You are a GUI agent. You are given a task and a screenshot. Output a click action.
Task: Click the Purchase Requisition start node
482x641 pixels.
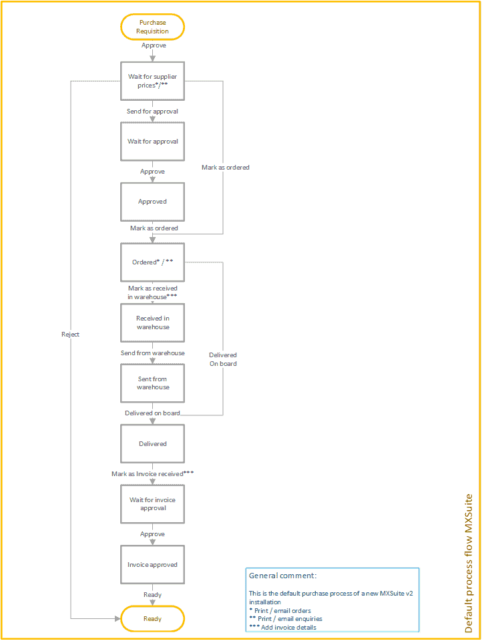pyautogui.click(x=152, y=27)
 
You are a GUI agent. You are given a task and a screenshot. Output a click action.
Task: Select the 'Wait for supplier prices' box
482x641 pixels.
pyautogui.click(x=152, y=81)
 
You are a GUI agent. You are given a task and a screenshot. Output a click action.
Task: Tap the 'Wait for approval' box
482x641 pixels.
pyautogui.click(x=152, y=142)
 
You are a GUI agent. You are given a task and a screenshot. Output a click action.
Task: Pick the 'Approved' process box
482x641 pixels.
pyautogui.click(x=152, y=202)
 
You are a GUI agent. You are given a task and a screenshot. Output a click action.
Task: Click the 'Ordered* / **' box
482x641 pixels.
pyautogui.click(x=152, y=262)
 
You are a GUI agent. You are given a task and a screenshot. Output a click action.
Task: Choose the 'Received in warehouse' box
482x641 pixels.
pyautogui.click(x=152, y=323)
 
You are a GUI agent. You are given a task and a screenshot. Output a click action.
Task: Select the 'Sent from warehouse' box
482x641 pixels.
pyautogui.click(x=152, y=383)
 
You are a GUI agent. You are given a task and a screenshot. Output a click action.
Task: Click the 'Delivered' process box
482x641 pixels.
pyautogui.click(x=152, y=443)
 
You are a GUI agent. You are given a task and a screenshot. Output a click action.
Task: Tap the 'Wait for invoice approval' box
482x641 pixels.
pyautogui.click(x=152, y=504)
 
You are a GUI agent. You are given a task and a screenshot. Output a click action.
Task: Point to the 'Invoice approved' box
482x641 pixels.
pyautogui.click(x=152, y=565)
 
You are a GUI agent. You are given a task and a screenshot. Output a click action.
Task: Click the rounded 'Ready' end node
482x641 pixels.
pyautogui.click(x=152, y=619)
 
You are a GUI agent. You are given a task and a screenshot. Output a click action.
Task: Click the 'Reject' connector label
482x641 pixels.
pyautogui.click(x=70, y=335)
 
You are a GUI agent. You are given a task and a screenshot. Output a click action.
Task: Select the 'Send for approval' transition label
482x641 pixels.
pyautogui.click(x=152, y=112)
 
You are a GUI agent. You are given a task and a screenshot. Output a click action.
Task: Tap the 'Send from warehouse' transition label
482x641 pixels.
pyautogui.click(x=152, y=353)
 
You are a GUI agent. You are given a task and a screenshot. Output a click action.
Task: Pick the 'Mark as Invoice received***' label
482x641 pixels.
pyautogui.click(x=152, y=473)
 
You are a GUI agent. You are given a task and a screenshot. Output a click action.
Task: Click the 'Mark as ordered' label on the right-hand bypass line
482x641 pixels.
pyautogui.click(x=226, y=168)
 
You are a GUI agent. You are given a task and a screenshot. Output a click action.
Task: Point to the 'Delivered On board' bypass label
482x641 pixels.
pyautogui.click(x=223, y=359)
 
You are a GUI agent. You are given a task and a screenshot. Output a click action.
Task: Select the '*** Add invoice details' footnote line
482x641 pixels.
pyautogui.click(x=282, y=627)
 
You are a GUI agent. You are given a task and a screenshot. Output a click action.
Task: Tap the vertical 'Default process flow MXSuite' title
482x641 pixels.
pyautogui.click(x=469, y=563)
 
